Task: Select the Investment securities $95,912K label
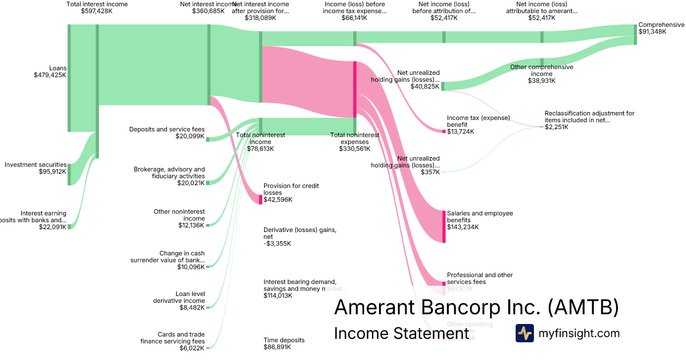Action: (35, 168)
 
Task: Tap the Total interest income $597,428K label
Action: (97, 7)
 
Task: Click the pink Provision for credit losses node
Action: (260, 199)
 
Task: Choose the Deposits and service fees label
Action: (166, 133)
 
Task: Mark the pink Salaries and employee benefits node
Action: (444, 226)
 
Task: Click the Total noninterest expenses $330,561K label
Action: (354, 142)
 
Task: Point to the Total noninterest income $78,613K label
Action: (260, 142)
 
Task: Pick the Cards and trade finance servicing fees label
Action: (172, 341)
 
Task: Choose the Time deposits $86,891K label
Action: (284, 343)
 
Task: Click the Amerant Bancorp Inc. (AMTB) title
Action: (476, 307)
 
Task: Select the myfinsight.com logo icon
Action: (524, 333)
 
